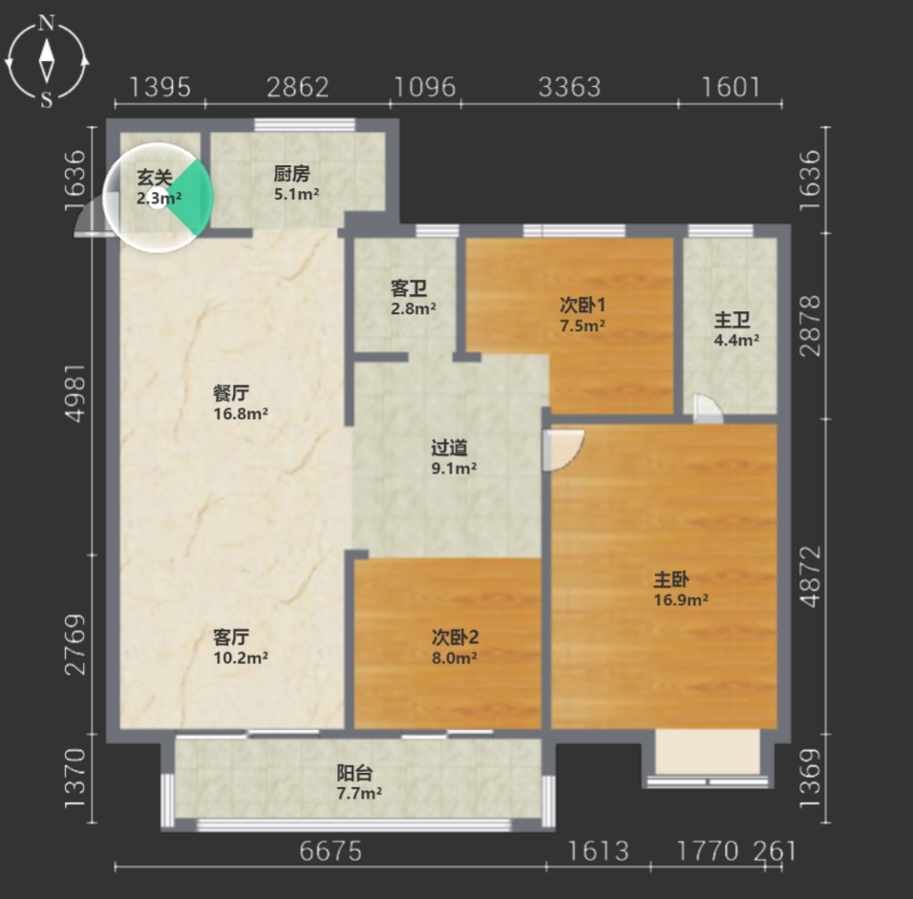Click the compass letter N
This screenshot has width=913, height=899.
pyautogui.click(x=46, y=23)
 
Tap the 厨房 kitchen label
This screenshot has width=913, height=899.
pyautogui.click(x=291, y=174)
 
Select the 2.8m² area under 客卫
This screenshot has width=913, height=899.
pyautogui.click(x=414, y=308)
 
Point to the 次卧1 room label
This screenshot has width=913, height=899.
pyautogui.click(x=583, y=304)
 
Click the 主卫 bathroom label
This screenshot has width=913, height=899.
pyautogui.click(x=732, y=320)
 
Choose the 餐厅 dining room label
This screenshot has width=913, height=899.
pyautogui.click(x=231, y=393)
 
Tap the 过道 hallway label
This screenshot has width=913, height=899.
pyautogui.click(x=449, y=448)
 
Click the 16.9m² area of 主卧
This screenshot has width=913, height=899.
pyautogui.click(x=681, y=600)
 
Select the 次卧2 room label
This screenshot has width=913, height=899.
pyautogui.click(x=455, y=638)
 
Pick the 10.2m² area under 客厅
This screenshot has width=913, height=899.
pyautogui.click(x=241, y=659)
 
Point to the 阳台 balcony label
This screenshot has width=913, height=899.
pyautogui.click(x=354, y=773)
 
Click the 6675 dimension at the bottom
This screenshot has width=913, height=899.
pyautogui.click(x=330, y=851)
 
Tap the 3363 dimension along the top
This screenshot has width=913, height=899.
pyautogui.click(x=569, y=87)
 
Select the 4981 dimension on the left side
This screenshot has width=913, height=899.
pyautogui.click(x=76, y=393)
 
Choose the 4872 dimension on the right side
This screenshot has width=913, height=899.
pyautogui.click(x=810, y=576)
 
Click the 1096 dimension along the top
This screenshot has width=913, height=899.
pyautogui.click(x=425, y=87)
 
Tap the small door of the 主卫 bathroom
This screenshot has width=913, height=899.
pyautogui.click(x=708, y=408)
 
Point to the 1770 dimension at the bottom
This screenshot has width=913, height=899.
pyautogui.click(x=708, y=851)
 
